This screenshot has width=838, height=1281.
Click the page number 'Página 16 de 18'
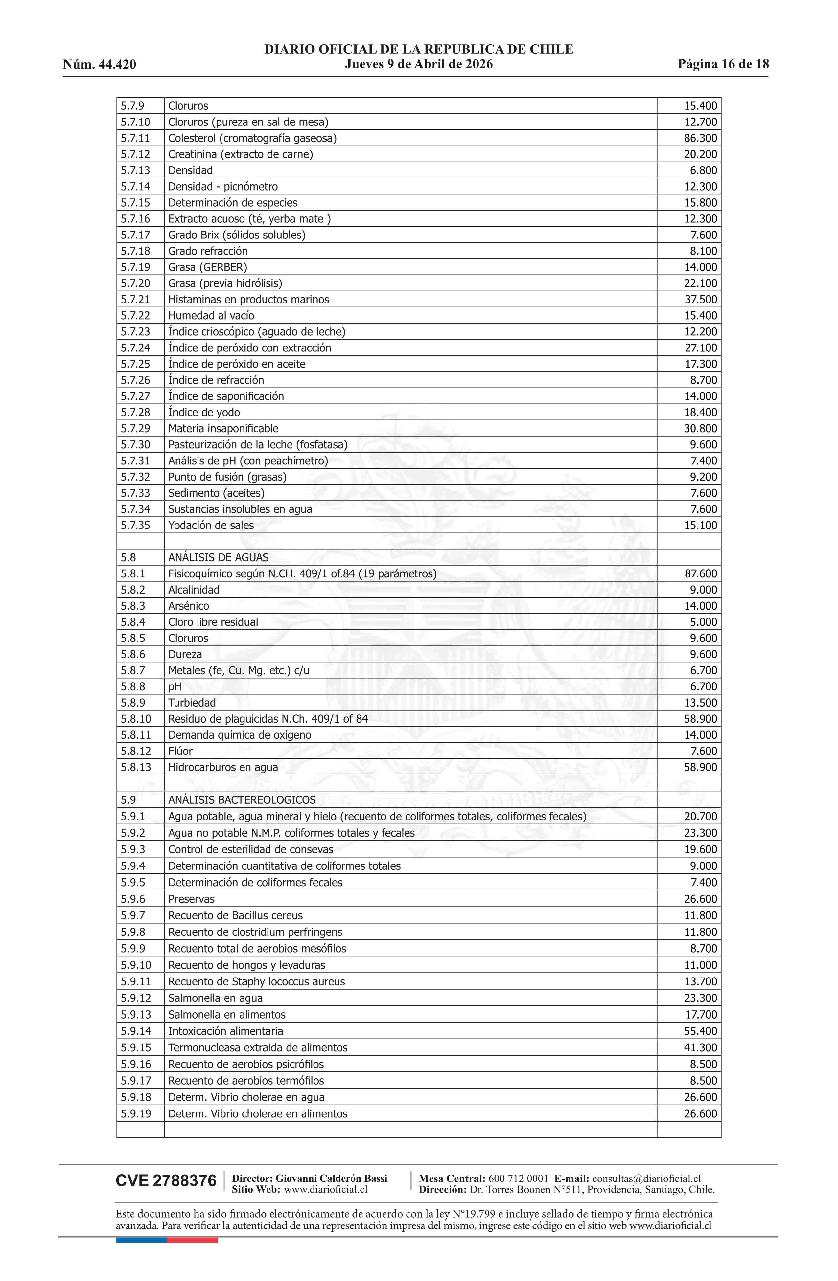(x=723, y=65)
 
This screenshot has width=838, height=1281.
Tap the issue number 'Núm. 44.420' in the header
(x=99, y=65)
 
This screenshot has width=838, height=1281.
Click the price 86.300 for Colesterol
(x=700, y=138)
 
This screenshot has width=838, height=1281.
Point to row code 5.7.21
(x=135, y=300)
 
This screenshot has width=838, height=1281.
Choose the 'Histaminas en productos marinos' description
(x=248, y=300)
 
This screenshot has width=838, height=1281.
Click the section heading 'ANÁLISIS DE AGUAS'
(x=218, y=558)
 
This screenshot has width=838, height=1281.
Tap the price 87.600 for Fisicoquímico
(x=700, y=574)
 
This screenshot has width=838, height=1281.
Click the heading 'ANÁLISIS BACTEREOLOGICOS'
(x=242, y=800)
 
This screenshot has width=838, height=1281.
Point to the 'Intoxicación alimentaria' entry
(x=225, y=1031)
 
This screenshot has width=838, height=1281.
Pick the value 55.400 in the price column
(x=700, y=1031)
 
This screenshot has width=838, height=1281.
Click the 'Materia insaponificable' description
(x=223, y=429)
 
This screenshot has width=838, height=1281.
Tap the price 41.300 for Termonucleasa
(x=700, y=1047)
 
